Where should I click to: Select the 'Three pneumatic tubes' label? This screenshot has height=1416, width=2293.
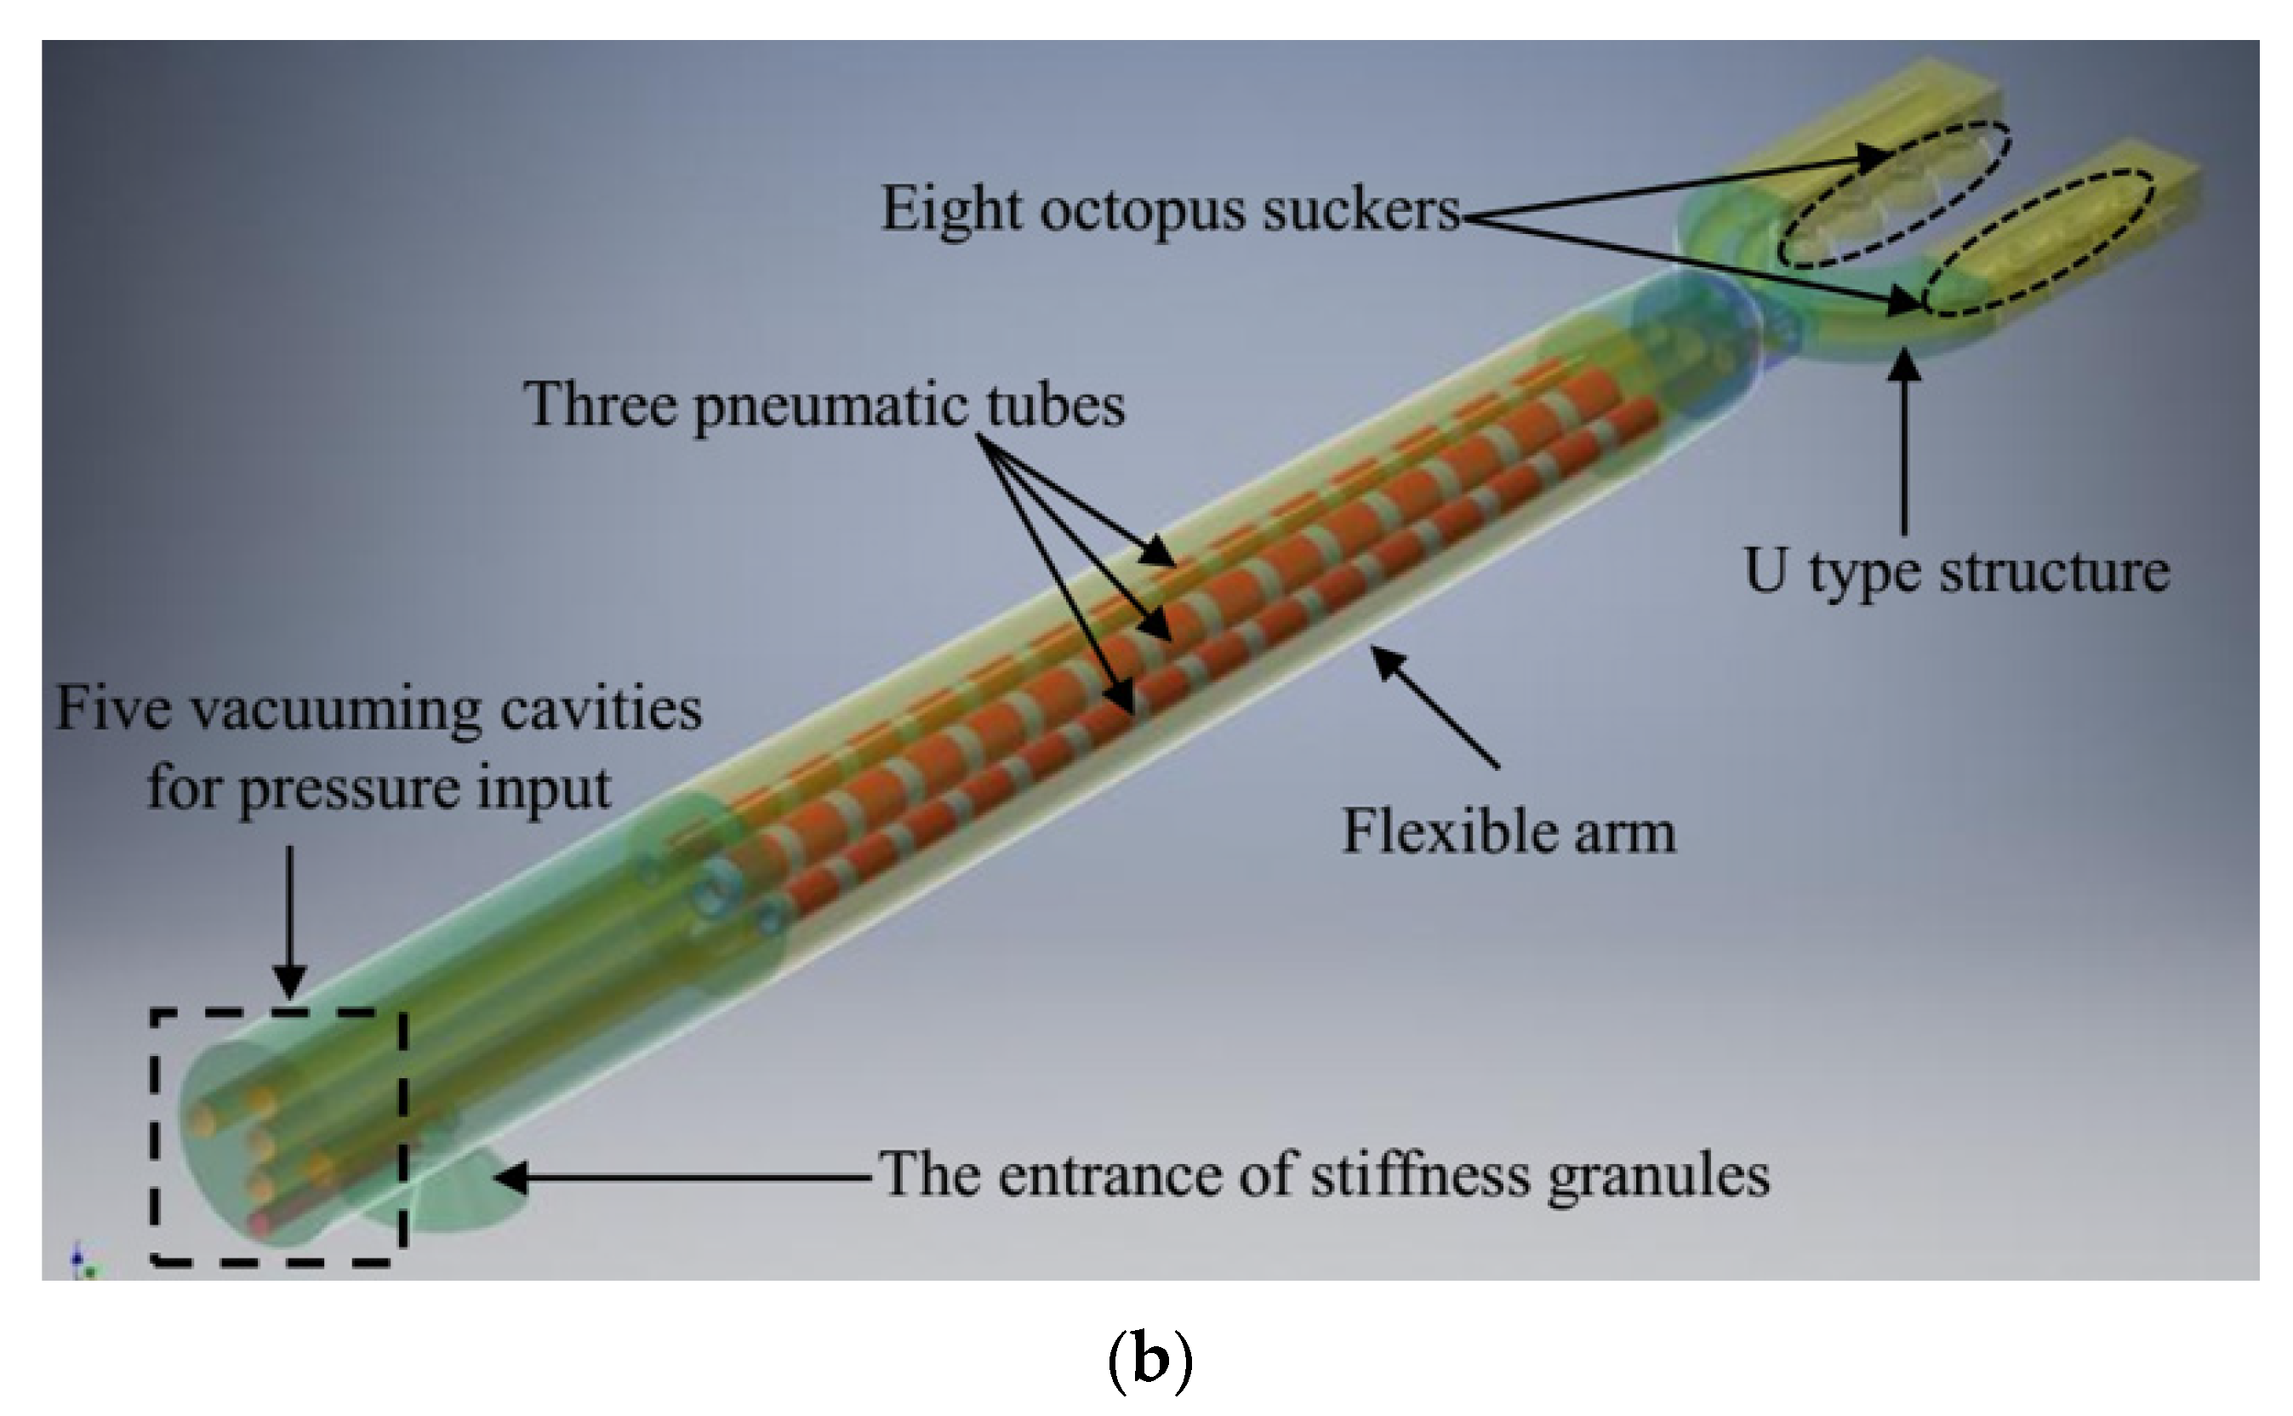click(824, 404)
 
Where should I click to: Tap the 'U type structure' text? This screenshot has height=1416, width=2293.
click(1956, 570)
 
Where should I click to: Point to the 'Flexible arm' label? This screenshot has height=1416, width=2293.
click(1509, 831)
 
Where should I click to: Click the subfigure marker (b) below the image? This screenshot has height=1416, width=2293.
click(1149, 1362)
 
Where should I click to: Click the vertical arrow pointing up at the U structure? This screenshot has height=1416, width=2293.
click(1903, 440)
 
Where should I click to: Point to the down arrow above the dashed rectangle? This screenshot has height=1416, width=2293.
click(290, 918)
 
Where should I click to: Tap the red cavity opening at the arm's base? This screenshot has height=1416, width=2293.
click(260, 1222)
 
